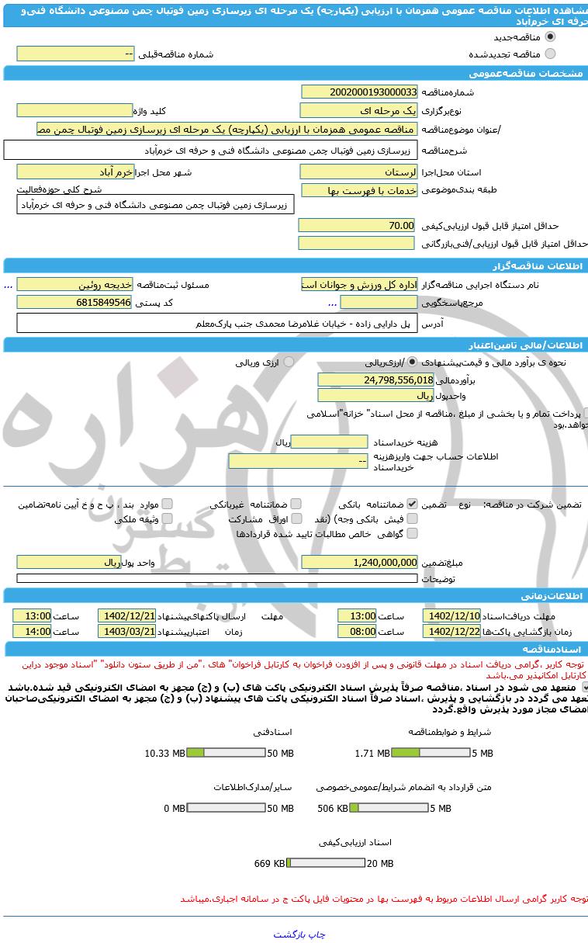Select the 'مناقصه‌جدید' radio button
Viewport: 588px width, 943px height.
(x=551, y=37)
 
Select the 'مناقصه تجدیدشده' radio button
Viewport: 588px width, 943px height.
(x=551, y=54)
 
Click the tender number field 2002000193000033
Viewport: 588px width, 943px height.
(x=359, y=92)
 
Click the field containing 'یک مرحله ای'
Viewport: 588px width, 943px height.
(x=359, y=110)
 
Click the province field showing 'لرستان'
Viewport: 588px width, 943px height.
(x=359, y=172)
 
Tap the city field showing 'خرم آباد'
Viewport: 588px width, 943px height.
(x=75, y=172)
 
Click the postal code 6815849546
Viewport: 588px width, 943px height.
(x=75, y=302)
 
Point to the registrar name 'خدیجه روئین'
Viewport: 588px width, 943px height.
(x=75, y=285)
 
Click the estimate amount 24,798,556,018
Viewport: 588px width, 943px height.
(x=376, y=380)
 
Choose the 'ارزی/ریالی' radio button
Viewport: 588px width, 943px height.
(x=412, y=362)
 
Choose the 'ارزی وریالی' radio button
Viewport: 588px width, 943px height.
(x=289, y=362)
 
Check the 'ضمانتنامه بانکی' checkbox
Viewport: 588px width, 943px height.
(x=412, y=504)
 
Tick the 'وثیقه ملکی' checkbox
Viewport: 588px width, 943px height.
(x=167, y=518)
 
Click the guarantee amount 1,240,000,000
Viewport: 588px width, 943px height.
(x=359, y=562)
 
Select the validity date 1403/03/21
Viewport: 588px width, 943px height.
(x=127, y=632)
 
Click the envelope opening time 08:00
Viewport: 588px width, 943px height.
(x=357, y=632)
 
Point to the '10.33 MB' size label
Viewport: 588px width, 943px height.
(x=164, y=753)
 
